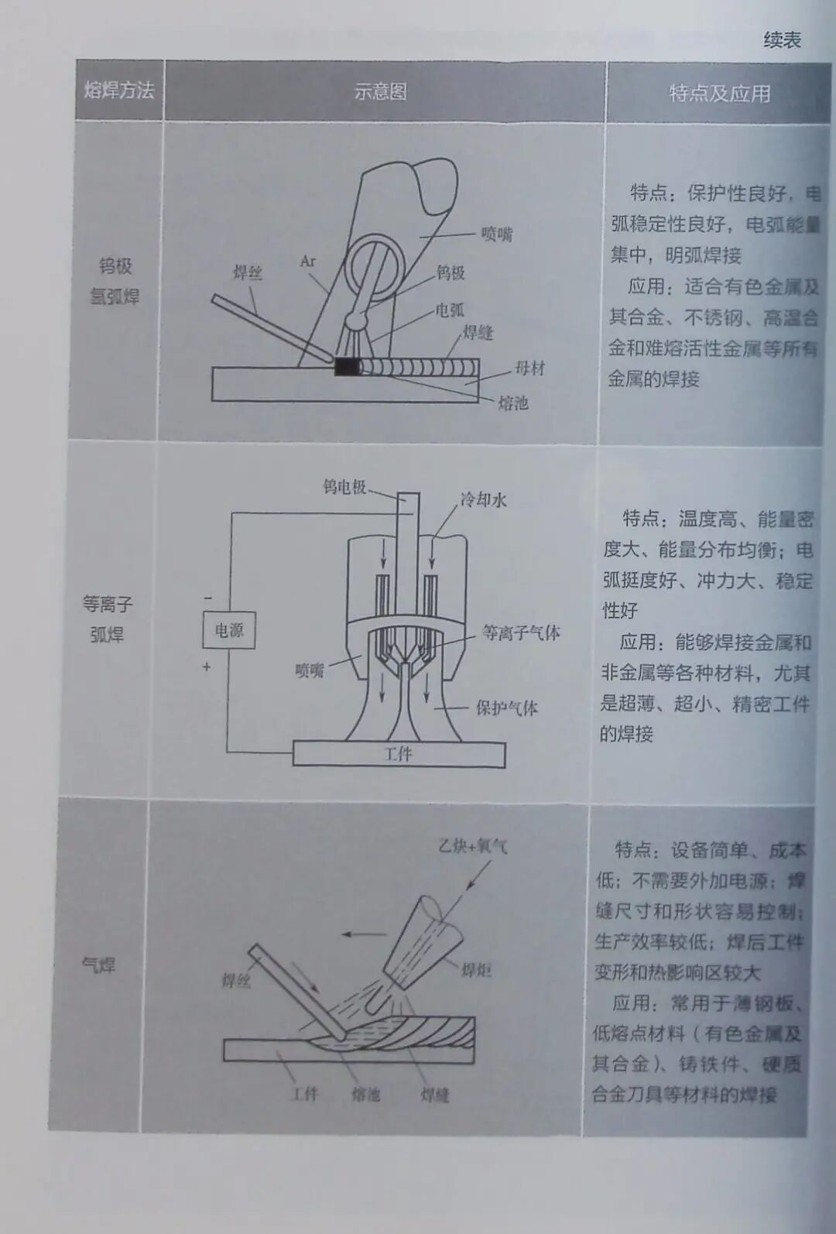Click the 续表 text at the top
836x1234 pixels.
point(782,39)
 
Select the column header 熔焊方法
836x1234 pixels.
point(119,90)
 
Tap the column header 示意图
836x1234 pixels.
point(380,91)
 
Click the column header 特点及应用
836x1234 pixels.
point(719,94)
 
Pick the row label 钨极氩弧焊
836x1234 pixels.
point(115,281)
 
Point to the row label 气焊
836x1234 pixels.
point(98,965)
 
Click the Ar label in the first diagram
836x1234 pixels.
point(308,261)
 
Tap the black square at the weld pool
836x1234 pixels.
point(347,367)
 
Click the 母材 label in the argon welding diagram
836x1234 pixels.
point(530,368)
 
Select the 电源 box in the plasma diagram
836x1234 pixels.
point(228,631)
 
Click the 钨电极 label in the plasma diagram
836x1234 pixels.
point(344,487)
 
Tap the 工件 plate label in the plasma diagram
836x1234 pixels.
point(398,754)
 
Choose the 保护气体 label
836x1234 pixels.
point(506,708)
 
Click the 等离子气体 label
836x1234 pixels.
point(520,632)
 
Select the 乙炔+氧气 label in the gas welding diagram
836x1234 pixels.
point(472,846)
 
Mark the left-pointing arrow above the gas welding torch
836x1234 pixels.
point(364,934)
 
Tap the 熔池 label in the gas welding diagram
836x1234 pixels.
point(366,1095)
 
